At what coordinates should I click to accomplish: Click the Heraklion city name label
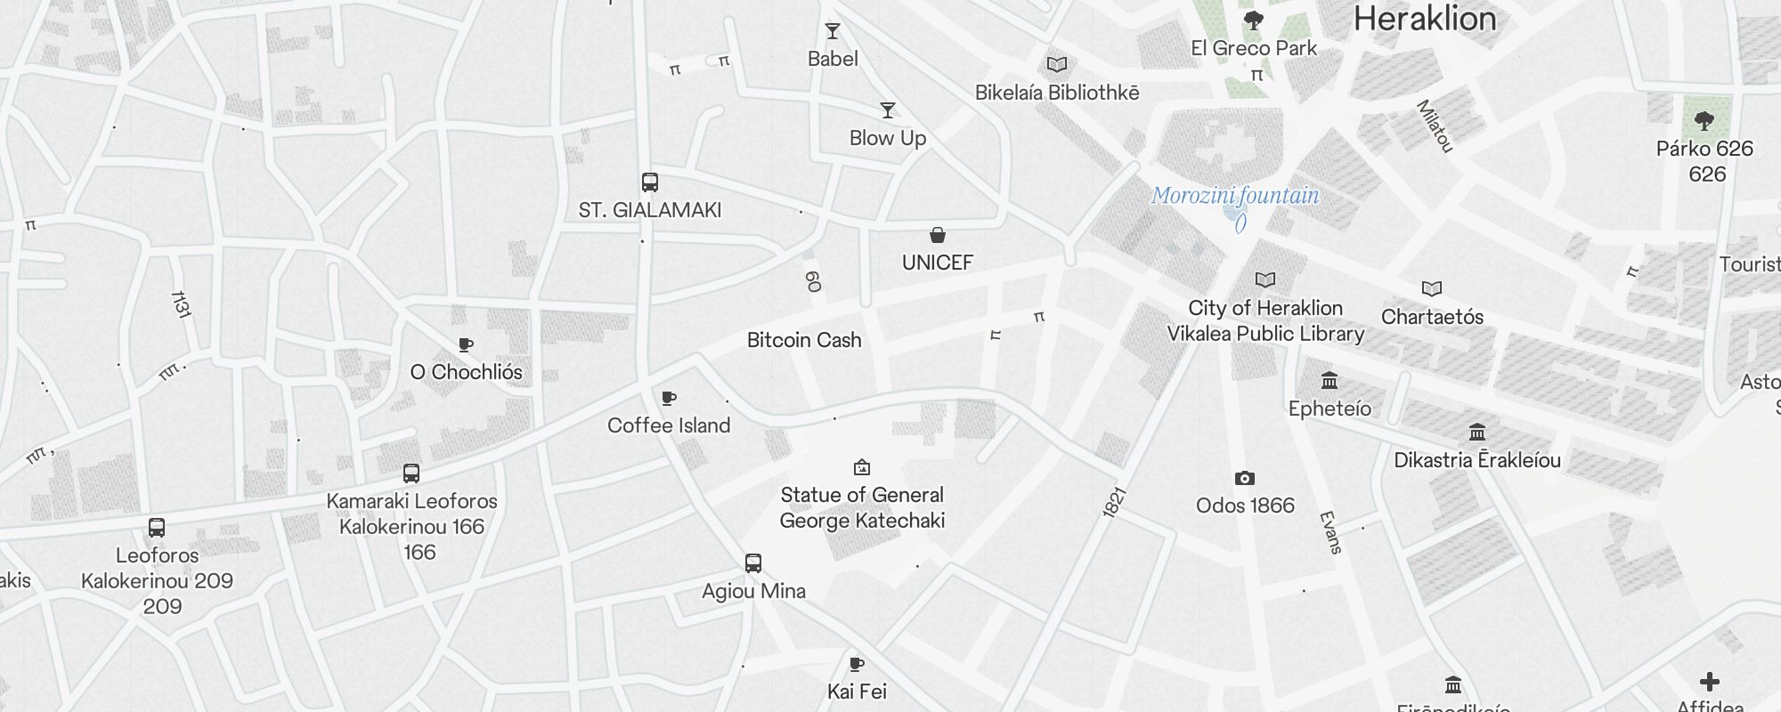[1424, 19]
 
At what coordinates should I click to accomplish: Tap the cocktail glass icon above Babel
[833, 32]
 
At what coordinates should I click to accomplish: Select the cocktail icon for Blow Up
[888, 110]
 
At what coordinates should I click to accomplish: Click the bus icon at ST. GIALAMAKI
[650, 182]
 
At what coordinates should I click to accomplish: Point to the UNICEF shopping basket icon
[938, 235]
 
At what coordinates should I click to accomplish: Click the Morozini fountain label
[1235, 196]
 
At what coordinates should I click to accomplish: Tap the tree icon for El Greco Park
[1254, 20]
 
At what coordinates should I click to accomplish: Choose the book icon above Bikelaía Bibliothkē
[1057, 64]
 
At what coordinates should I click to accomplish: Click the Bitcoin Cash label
[804, 340]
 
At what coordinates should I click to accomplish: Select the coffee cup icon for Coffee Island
[669, 398]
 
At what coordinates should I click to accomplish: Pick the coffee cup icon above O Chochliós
[466, 344]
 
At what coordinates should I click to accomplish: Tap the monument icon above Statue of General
[862, 467]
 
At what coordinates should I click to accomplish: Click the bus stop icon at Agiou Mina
[753, 563]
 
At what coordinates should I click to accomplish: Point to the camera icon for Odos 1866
[1245, 479]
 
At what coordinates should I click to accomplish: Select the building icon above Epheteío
[1330, 381]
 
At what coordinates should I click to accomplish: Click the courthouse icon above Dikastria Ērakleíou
[1477, 433]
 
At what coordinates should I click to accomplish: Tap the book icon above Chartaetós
[1432, 288]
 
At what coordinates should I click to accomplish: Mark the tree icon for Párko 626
[1704, 120]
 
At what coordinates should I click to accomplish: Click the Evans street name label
[1330, 532]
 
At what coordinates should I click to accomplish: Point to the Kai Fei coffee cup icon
[857, 664]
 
